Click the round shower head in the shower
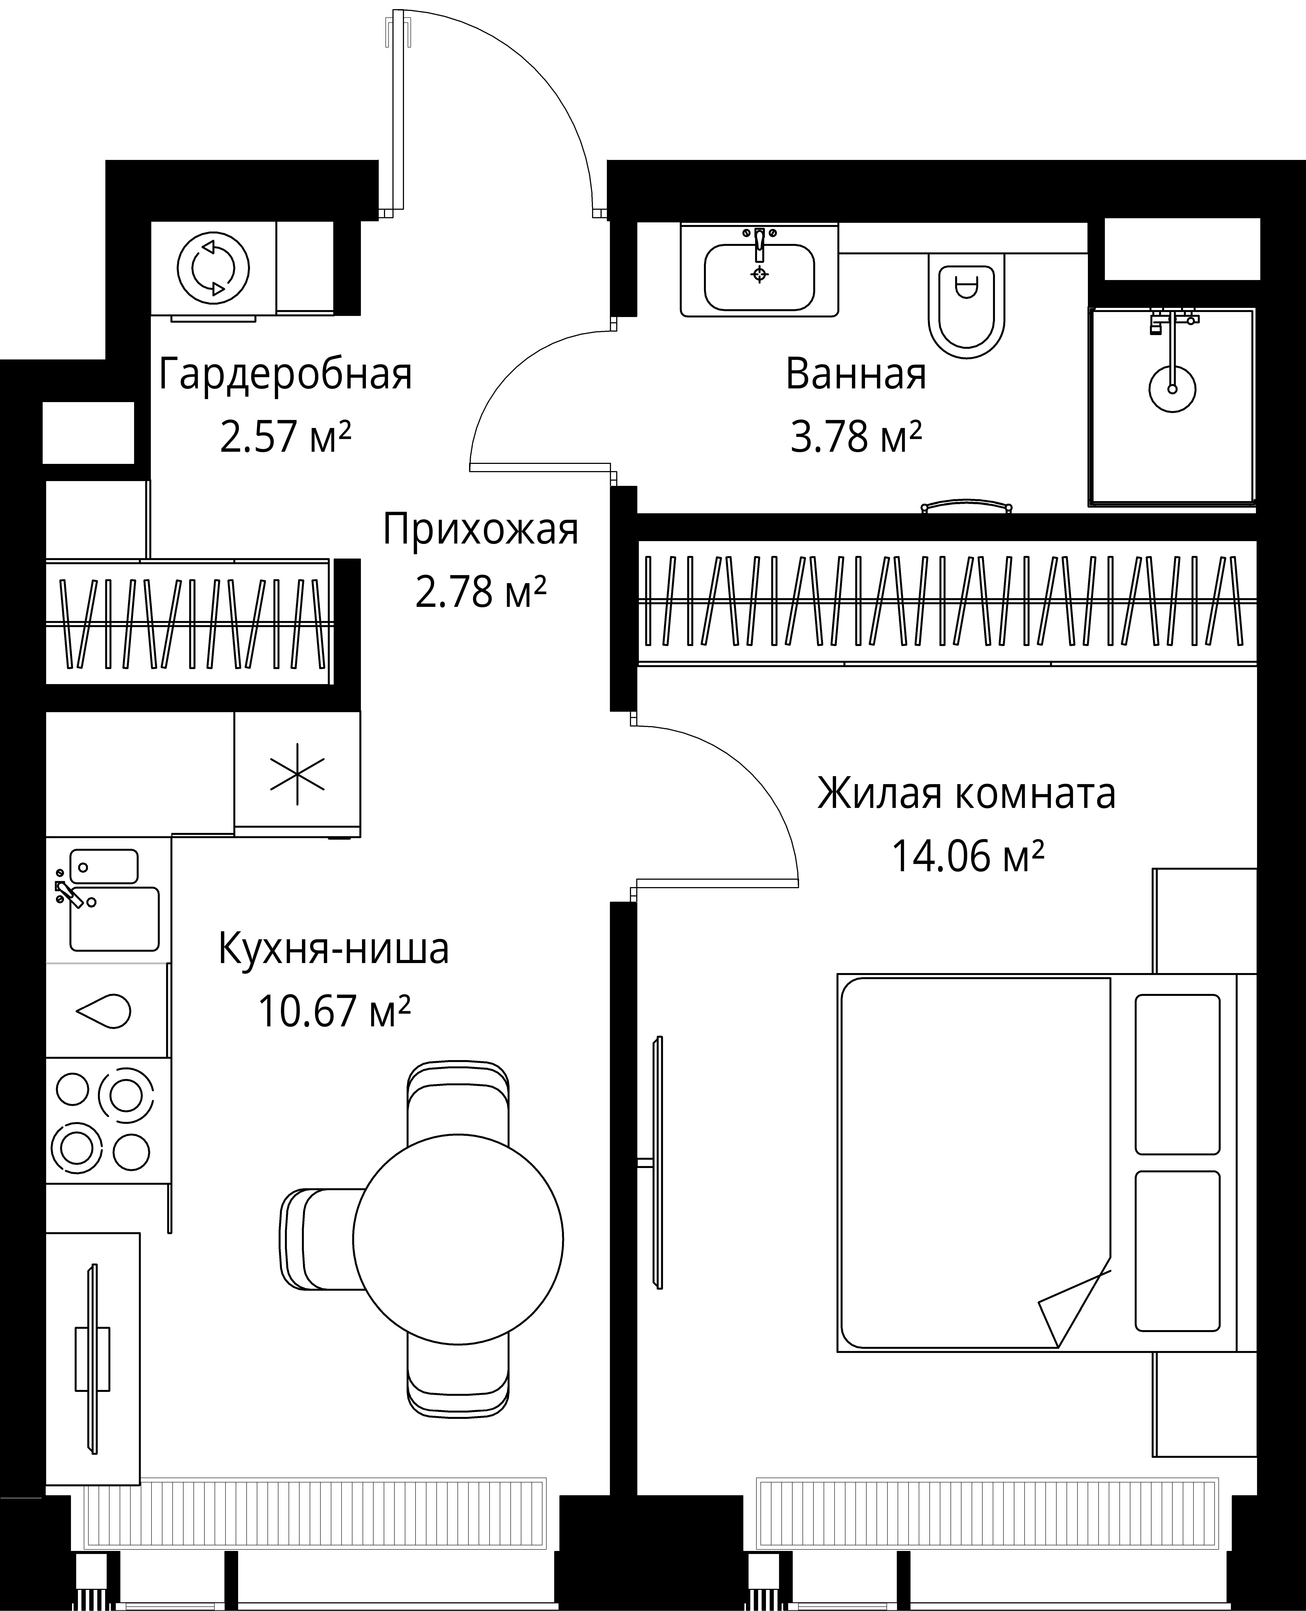pos(1172,388)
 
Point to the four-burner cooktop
pos(104,1121)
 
